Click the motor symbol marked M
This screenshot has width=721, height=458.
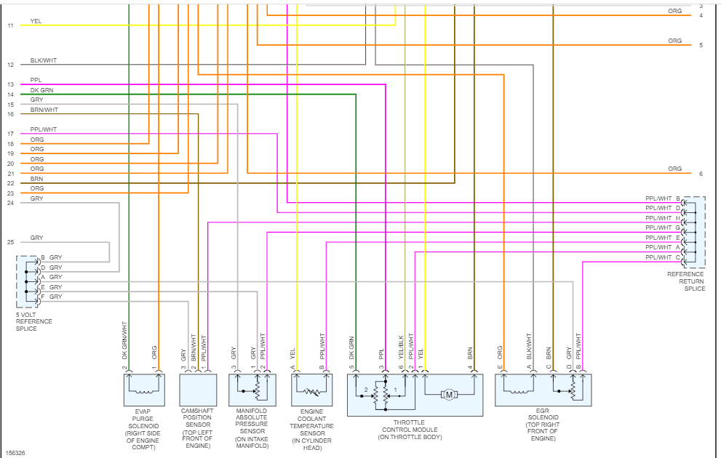(448, 395)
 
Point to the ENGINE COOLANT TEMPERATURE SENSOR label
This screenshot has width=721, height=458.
(312, 429)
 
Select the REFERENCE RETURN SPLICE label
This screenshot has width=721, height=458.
(686, 281)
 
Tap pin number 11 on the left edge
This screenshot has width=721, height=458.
(10, 25)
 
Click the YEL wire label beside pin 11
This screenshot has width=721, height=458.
(36, 21)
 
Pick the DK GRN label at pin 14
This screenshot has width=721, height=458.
(41, 90)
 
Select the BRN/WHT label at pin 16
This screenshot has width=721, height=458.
(44, 110)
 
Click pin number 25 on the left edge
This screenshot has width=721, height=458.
(10, 242)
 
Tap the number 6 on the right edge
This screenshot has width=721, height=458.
(701, 174)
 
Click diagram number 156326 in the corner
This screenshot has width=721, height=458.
(16, 453)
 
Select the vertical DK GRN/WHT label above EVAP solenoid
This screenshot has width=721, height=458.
(125, 342)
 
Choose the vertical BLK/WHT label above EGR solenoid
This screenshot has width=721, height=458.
(530, 347)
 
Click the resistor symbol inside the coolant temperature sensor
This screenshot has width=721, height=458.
(312, 391)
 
